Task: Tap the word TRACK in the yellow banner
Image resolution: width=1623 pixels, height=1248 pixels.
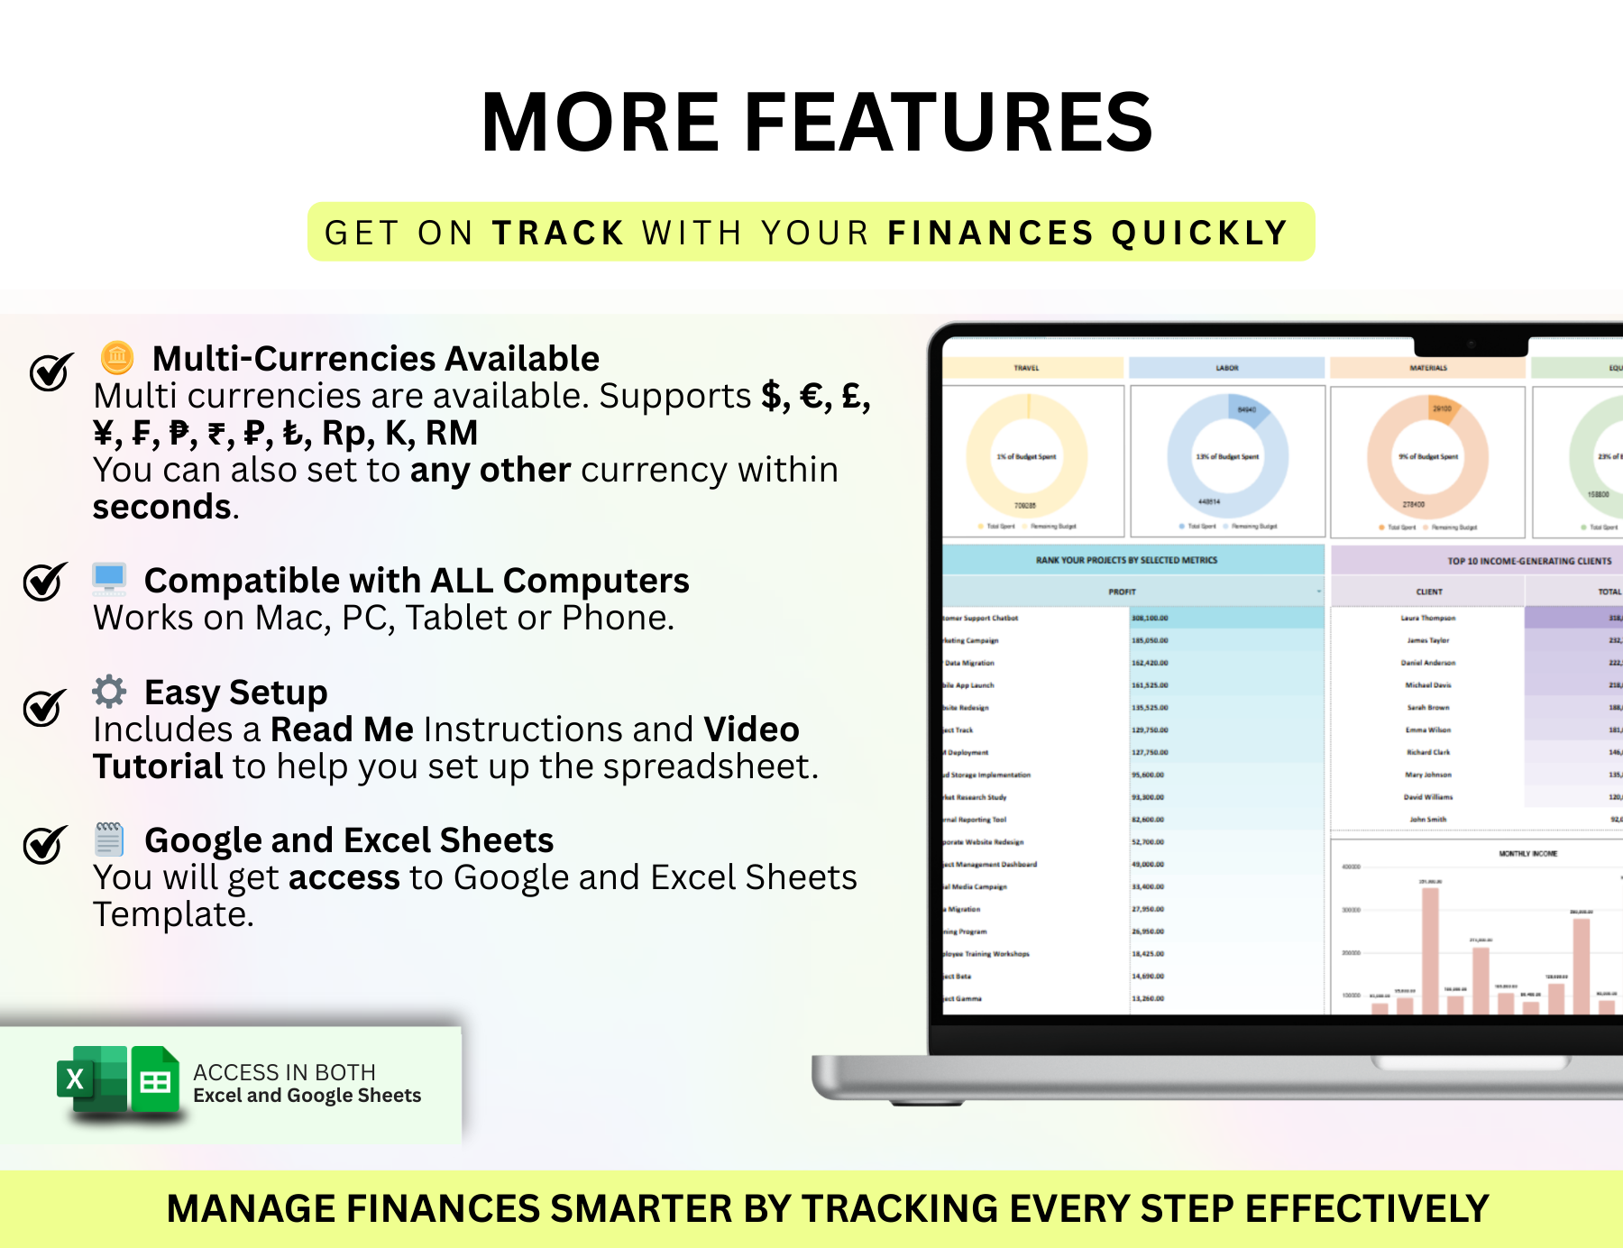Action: tap(558, 233)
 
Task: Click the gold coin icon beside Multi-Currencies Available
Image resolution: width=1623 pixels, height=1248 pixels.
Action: tap(116, 358)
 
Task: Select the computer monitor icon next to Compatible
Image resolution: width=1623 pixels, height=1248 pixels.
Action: tap(109, 579)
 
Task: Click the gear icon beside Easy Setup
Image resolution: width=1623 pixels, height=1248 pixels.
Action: tap(109, 692)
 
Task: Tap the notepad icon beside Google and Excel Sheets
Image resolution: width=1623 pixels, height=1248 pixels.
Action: tap(109, 839)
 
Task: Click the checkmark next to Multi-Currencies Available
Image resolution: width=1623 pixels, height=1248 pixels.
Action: tap(50, 371)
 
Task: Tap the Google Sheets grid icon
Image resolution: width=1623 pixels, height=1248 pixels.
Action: tap(155, 1080)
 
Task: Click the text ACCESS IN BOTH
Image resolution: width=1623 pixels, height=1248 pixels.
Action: tap(284, 1072)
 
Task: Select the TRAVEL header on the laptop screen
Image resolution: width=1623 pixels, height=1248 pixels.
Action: tap(1026, 368)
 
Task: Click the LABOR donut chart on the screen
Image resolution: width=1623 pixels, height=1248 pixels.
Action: tap(1227, 456)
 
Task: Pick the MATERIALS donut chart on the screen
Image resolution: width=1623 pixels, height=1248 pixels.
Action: tap(1427, 456)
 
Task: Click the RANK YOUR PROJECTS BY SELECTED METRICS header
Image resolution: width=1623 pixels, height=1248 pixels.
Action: tap(1126, 560)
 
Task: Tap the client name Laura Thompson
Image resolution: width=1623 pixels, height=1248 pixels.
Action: tap(1427, 618)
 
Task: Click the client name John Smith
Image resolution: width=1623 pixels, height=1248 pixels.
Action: tap(1427, 820)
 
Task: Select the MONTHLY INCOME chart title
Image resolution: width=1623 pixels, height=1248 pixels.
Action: tap(1527, 853)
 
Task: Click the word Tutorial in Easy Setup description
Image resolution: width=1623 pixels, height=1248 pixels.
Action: tap(158, 766)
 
